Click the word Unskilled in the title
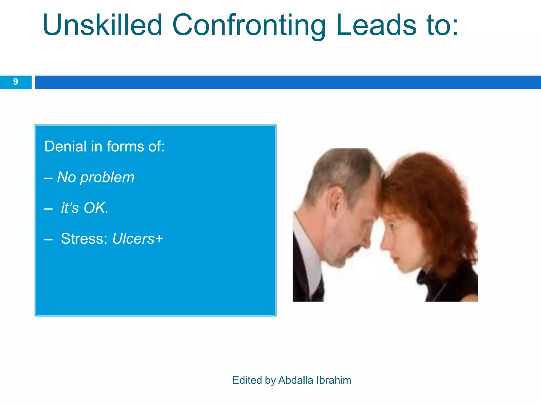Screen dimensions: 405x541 pos(102,25)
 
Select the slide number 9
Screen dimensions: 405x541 pos(16,82)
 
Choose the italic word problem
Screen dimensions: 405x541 pos(107,177)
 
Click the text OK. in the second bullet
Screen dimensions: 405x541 pos(96,208)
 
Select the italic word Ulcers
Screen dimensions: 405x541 pos(133,239)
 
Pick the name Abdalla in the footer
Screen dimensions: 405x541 pos(296,380)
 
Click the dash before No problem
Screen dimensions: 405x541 pos(48,178)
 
